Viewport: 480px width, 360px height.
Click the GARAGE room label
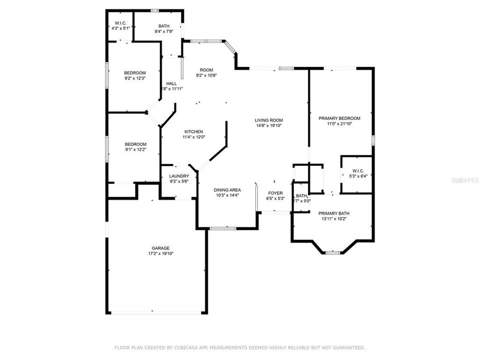[160, 248]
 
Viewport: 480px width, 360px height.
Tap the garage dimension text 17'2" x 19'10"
[160, 253]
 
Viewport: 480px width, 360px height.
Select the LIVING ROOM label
[269, 120]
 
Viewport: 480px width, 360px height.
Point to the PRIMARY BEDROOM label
[339, 118]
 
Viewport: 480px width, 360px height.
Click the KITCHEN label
[193, 131]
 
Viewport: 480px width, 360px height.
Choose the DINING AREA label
[227, 190]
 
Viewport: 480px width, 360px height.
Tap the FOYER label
[275, 193]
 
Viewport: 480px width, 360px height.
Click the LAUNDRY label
[178, 176]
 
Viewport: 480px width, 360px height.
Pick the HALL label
[171, 83]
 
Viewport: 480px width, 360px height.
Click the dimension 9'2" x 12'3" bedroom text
[135, 78]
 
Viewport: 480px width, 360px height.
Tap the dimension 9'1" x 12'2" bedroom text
[135, 149]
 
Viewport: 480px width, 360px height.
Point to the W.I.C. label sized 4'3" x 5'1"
[120, 23]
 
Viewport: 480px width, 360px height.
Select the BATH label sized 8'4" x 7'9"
[164, 26]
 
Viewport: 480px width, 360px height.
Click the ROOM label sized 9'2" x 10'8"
[206, 70]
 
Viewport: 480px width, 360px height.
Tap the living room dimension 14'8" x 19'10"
[269, 126]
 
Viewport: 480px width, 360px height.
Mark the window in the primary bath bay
[332, 252]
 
